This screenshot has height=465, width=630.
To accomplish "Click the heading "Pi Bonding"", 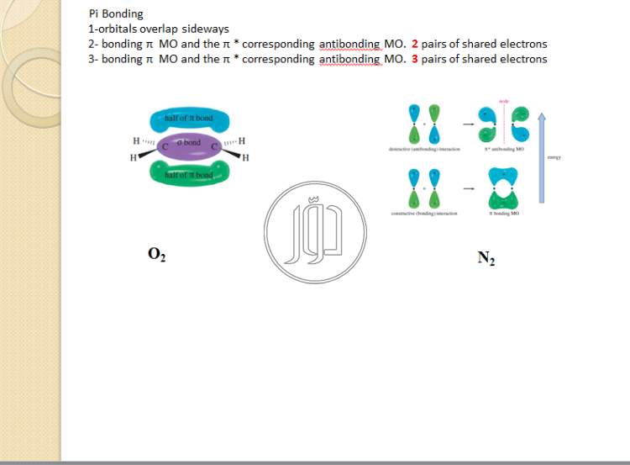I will click(116, 14).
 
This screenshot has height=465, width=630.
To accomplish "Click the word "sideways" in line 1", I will click(206, 29).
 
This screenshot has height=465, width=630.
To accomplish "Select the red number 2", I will click(415, 44).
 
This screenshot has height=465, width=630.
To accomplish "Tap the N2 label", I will click(486, 258).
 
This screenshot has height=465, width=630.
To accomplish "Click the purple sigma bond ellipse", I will click(192, 144).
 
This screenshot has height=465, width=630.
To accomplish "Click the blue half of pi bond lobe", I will click(190, 119).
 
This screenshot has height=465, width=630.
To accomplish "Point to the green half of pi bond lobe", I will click(190, 173).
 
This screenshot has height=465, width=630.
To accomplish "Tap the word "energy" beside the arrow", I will click(554, 157).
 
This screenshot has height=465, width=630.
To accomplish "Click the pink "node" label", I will click(504, 101).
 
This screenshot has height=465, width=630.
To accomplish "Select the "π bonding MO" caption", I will click(504, 214).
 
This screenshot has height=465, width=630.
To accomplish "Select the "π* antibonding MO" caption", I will click(504, 149).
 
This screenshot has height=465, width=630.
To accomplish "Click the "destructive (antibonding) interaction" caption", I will click(423, 149).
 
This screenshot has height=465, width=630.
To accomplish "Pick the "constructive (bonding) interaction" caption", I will click(423, 214).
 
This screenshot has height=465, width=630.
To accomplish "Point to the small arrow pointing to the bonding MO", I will click(463, 188).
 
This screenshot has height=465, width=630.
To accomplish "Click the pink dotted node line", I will click(504, 126).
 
